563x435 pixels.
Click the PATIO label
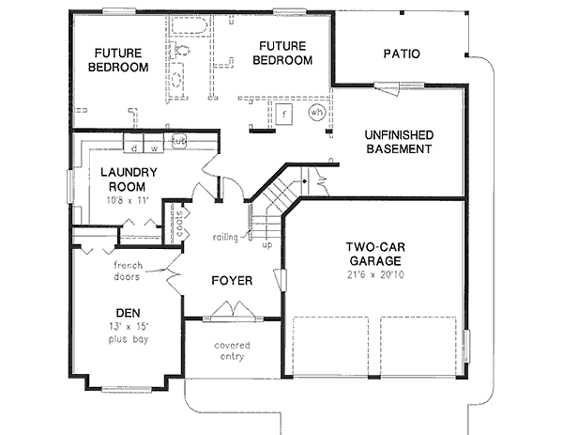pyautogui.click(x=401, y=54)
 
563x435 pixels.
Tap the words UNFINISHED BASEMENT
pyautogui.click(x=398, y=142)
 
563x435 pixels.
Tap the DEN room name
pyautogui.click(x=128, y=313)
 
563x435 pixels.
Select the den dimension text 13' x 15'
pyautogui.click(x=128, y=326)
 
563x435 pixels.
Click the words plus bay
pyautogui.click(x=128, y=338)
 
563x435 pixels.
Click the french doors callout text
pyautogui.click(x=122, y=272)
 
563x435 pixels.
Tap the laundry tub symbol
pyautogui.click(x=177, y=141)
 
